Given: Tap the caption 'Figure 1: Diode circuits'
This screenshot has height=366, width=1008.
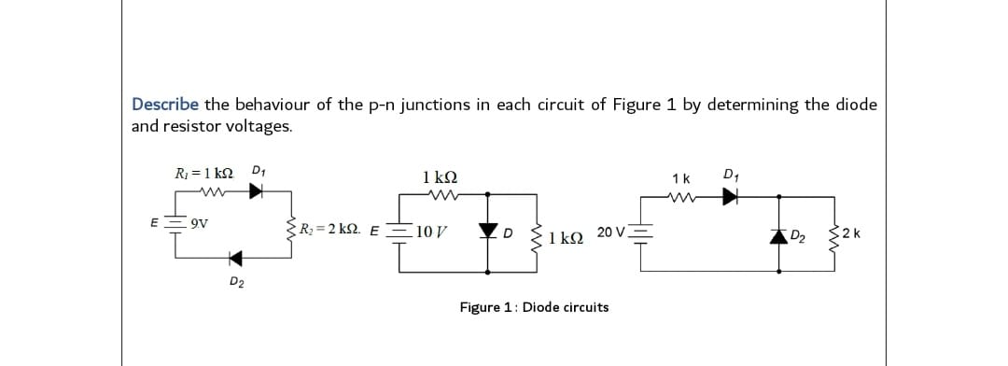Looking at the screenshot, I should (534, 307).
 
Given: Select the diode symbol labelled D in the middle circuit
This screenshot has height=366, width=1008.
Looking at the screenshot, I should (486, 231).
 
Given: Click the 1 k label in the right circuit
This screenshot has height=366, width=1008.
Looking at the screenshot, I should (681, 177).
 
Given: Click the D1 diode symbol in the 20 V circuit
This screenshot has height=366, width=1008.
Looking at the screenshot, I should (732, 196).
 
